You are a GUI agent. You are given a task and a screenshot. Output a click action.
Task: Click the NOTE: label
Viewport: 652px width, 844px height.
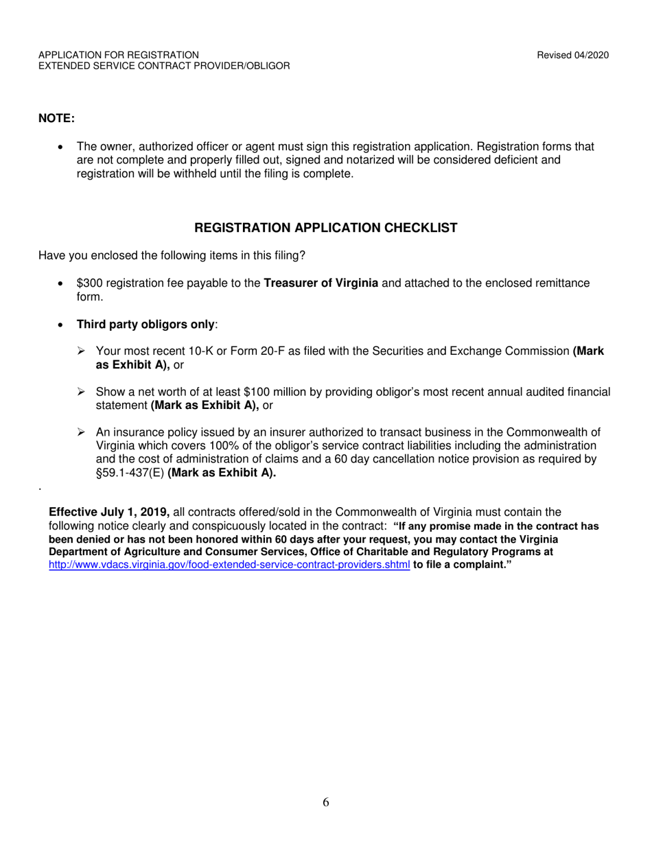click(x=56, y=118)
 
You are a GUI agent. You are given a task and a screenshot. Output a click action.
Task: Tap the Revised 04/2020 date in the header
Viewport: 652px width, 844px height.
click(x=573, y=55)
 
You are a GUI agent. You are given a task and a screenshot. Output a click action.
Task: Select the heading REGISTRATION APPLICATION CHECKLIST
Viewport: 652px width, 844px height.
click(x=326, y=228)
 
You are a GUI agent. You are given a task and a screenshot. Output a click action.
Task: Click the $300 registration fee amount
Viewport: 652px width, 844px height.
click(x=89, y=283)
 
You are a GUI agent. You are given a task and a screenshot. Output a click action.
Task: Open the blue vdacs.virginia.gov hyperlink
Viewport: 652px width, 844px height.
click(x=229, y=565)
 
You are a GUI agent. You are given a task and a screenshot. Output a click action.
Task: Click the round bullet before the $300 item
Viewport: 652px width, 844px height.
click(x=62, y=283)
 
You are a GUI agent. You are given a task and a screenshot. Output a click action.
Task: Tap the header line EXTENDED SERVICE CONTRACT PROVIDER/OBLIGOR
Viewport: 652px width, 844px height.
click(x=164, y=66)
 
